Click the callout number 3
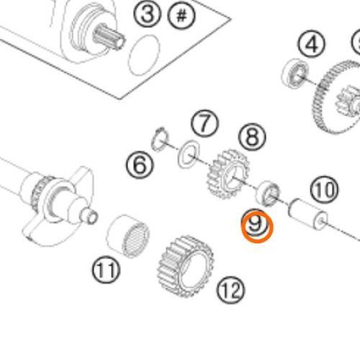147,14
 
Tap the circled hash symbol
181,16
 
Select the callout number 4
312,45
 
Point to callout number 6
140,166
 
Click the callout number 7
204,124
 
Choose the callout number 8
252,137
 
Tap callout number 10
324,189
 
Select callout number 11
106,270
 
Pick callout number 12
230,290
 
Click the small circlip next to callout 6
161,140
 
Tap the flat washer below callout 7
189,154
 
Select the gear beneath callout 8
228,174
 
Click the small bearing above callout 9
267,194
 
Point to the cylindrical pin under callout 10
307,214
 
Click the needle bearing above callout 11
128,236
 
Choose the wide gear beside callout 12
185,266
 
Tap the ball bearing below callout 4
295,73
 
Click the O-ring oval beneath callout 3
144,55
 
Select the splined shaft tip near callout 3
109,38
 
